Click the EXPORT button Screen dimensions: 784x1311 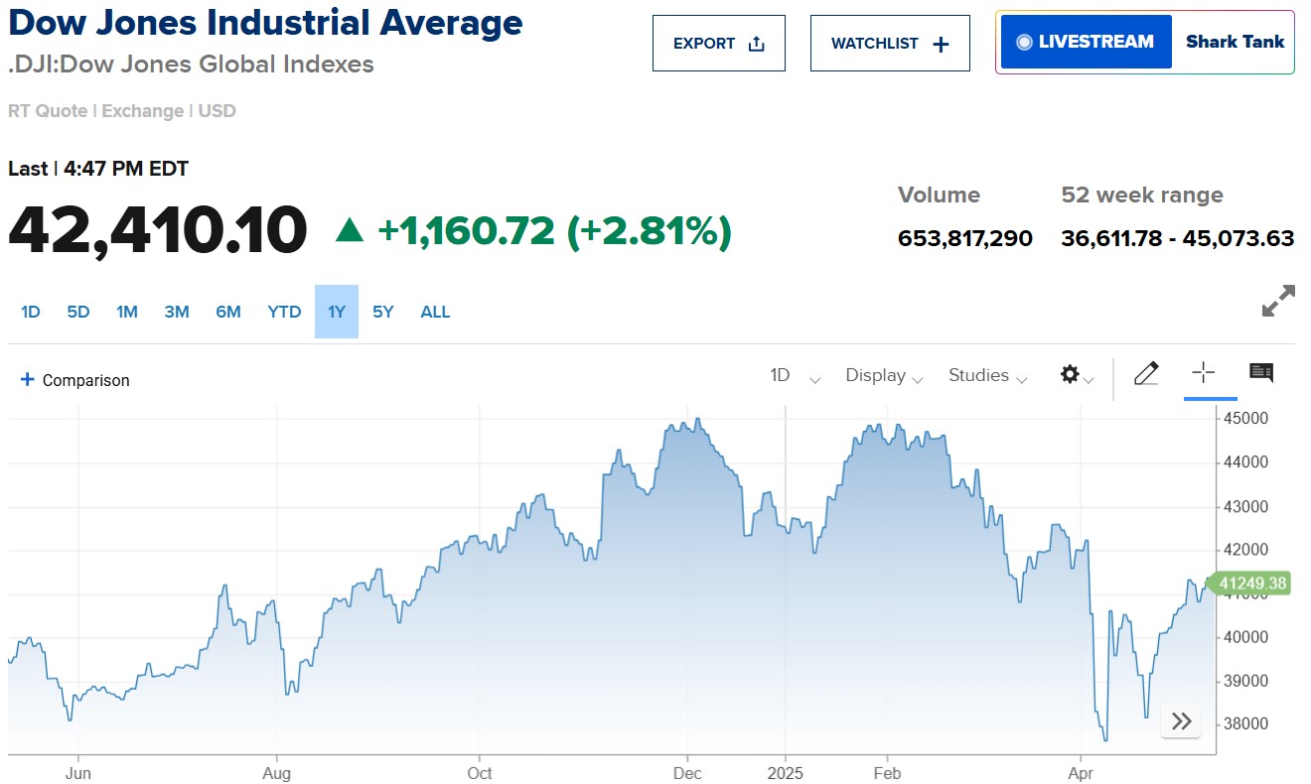pos(718,44)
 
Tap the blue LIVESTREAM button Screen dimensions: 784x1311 pos(1086,42)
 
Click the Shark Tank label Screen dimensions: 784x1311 pos(1235,42)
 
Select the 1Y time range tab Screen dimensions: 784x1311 pos(337,312)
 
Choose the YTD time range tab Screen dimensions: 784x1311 pos(284,312)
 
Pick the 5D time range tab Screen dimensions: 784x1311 pos(78,312)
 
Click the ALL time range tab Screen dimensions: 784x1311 pos(435,312)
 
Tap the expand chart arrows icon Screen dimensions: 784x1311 pos(1277,301)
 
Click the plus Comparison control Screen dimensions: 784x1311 pos(75,380)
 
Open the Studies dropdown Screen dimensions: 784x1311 pos(987,375)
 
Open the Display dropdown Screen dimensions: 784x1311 pos(884,375)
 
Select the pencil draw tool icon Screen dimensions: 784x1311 pos(1146,373)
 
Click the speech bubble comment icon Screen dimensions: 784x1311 pos(1261,373)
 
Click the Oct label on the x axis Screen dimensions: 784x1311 pos(480,773)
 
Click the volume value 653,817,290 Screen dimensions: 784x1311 pos(964,238)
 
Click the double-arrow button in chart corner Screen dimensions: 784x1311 pos(1181,721)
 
